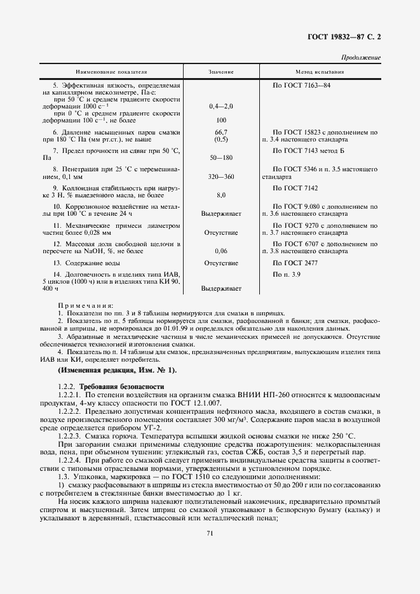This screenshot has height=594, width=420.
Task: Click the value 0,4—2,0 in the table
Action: [x=221, y=107]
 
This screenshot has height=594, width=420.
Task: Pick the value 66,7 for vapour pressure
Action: [x=221, y=131]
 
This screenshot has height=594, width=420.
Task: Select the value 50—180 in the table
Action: [x=221, y=156]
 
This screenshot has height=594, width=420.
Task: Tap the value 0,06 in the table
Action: [x=221, y=251]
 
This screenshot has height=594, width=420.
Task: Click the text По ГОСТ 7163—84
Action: [x=301, y=84]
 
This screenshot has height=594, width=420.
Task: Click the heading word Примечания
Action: [x=85, y=305]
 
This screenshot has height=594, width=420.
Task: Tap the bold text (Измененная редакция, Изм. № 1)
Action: [x=117, y=370]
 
